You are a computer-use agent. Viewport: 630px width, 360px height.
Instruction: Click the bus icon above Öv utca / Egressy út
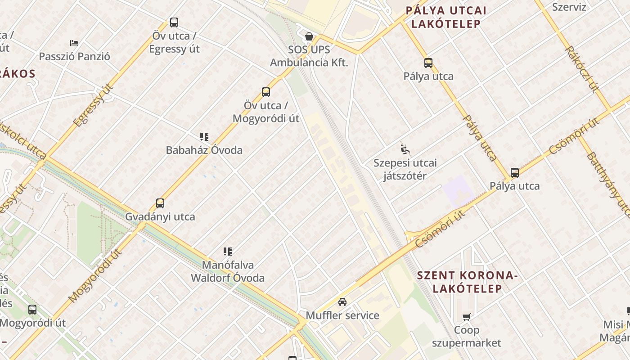tap(174, 22)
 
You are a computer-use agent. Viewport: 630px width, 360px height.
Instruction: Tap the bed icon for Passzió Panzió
tap(74, 43)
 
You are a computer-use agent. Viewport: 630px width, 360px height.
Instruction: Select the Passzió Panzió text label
tap(74, 57)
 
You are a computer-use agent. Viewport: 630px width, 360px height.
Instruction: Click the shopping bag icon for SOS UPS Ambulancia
tap(309, 36)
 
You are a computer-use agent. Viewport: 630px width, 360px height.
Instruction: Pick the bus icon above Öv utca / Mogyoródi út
tap(266, 92)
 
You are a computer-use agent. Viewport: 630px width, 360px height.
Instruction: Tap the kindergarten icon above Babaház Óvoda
tap(204, 136)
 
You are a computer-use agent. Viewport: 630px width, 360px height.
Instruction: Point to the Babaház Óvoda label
tap(204, 150)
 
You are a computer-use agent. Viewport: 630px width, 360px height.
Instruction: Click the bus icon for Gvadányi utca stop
tap(160, 203)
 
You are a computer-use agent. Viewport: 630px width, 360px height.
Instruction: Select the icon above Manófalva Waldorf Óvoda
tap(228, 252)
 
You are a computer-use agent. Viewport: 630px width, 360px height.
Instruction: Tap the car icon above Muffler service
tap(342, 302)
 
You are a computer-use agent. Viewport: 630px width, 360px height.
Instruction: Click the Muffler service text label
tap(342, 315)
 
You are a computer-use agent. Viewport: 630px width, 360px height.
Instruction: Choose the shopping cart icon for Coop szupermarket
tap(467, 317)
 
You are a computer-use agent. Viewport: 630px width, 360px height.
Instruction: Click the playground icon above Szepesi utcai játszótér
tap(405, 148)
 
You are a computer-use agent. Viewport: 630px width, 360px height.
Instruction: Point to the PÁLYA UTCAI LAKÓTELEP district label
tap(446, 17)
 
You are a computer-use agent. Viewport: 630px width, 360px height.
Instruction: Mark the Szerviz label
tap(569, 7)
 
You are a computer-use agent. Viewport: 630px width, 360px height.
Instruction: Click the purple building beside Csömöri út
tap(458, 191)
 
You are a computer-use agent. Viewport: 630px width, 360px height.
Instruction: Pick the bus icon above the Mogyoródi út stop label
tap(32, 310)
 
